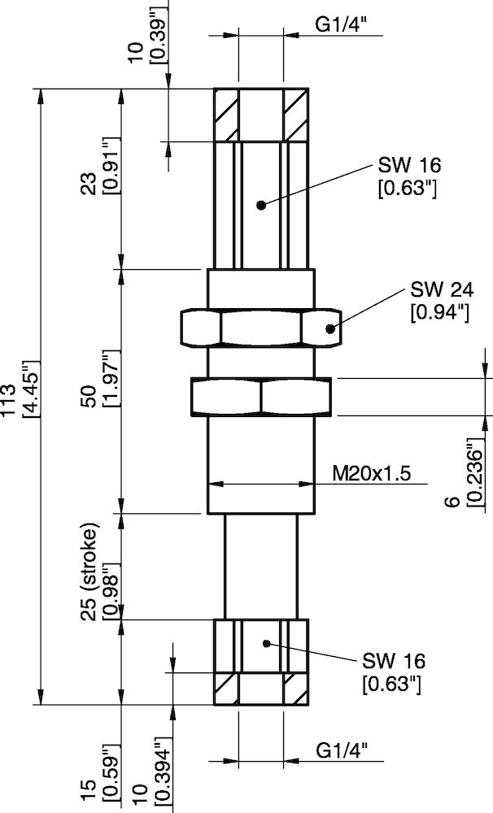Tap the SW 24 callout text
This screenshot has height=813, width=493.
pyautogui.click(x=440, y=289)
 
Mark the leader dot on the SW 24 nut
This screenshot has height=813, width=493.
pyautogui.click(x=330, y=329)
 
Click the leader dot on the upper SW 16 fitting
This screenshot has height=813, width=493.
pyautogui.click(x=260, y=205)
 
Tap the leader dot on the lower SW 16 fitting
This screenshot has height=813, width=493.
pyautogui.click(x=266, y=643)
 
